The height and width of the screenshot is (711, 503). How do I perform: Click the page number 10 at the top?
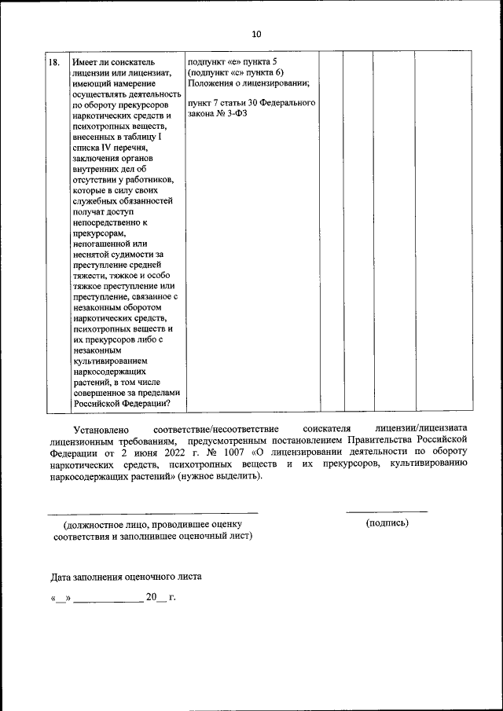pyautogui.click(x=256, y=34)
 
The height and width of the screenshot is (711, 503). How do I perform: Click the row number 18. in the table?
pyautogui.click(x=55, y=61)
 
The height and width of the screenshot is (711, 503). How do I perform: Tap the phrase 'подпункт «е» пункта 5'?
pyautogui.click(x=233, y=61)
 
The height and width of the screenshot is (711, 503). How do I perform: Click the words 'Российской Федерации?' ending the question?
pyautogui.click(x=123, y=404)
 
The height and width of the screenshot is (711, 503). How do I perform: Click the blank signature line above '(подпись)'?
pyautogui.click(x=387, y=512)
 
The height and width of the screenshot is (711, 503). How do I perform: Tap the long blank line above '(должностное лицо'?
pyautogui.click(x=152, y=512)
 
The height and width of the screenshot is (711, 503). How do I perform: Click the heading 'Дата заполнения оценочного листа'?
pyautogui.click(x=126, y=576)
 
